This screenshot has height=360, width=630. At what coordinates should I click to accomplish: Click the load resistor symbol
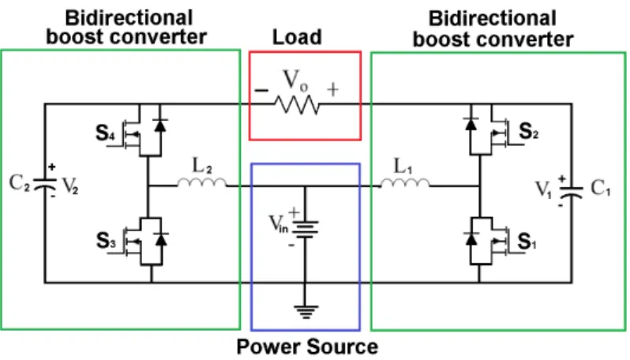[x=297, y=105]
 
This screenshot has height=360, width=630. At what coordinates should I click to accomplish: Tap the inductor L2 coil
[x=201, y=183]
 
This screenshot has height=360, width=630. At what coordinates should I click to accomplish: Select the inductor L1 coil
[x=405, y=183]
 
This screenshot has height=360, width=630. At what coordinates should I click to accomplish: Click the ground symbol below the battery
[x=306, y=312]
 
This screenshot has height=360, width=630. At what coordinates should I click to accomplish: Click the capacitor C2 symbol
[x=44, y=185]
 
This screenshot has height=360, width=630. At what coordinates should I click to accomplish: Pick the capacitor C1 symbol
[x=572, y=193]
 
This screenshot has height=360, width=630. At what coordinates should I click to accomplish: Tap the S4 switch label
[x=105, y=133]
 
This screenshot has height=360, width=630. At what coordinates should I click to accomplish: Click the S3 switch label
[x=106, y=241]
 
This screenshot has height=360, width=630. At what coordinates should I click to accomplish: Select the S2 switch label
[x=528, y=131]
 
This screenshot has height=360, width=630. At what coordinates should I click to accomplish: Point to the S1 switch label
[x=527, y=242]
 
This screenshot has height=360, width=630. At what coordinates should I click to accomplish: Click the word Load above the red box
[x=298, y=37]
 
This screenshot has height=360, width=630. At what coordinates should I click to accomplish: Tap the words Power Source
[x=307, y=347]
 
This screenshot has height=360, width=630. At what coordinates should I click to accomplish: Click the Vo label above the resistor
[x=295, y=80]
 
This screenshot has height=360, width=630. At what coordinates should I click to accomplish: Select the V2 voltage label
[x=70, y=186]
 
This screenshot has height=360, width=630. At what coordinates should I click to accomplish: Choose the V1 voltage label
[x=544, y=189]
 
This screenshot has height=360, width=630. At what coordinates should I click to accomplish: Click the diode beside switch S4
[x=160, y=126]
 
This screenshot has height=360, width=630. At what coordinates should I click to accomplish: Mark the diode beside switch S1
[x=471, y=238]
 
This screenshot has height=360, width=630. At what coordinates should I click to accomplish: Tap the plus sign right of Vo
[x=332, y=89]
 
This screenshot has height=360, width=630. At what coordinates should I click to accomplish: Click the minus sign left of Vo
[x=261, y=90]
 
